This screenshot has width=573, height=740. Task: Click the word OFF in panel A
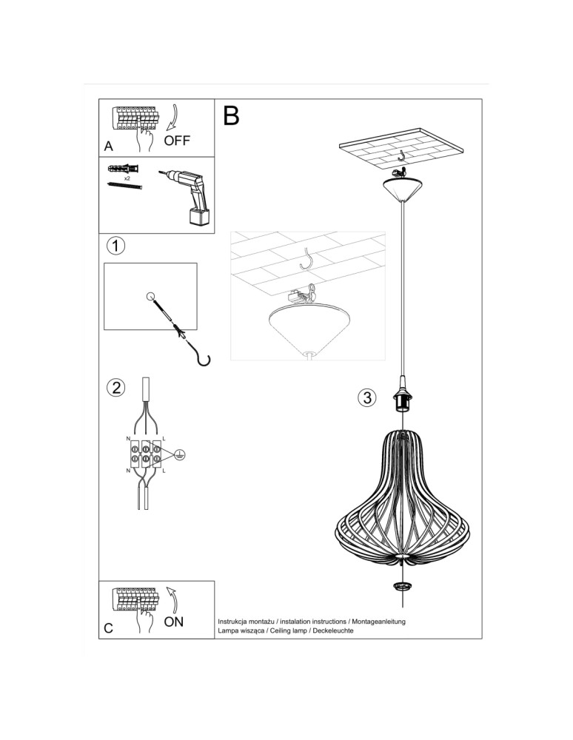(178, 141)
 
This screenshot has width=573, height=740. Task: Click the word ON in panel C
(173, 622)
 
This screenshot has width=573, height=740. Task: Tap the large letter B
(231, 116)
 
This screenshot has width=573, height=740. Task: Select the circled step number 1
(115, 245)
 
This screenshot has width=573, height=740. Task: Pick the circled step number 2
(115, 387)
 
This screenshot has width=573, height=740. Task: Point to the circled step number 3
(366, 398)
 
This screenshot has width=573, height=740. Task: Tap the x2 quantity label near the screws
(127, 179)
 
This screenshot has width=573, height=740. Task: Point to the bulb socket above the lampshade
(403, 400)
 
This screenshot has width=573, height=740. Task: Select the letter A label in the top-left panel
(109, 147)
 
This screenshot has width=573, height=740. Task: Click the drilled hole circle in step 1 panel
(151, 297)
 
